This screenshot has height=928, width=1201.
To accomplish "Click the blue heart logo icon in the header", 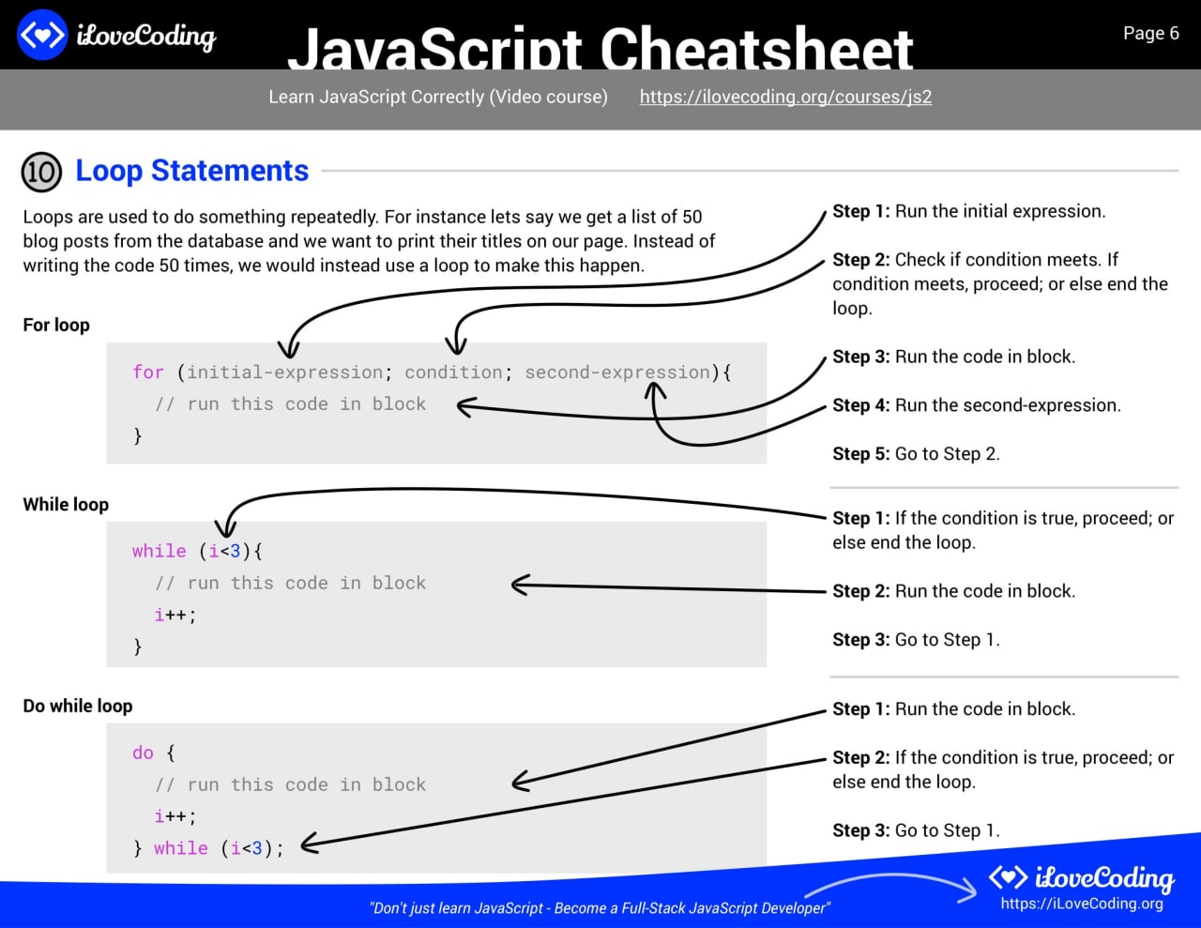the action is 42,35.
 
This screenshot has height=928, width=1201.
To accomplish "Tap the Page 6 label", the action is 1150,33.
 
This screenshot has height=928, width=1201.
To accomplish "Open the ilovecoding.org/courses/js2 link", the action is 785,97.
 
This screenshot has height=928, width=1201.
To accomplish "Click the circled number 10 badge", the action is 41,172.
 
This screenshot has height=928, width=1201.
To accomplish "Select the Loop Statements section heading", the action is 191,170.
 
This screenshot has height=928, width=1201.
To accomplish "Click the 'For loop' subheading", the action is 55,325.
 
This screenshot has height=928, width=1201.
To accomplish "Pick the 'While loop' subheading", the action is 66,504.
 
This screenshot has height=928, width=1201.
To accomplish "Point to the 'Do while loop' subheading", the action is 77,706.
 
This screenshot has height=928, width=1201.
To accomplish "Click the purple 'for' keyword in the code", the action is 148,372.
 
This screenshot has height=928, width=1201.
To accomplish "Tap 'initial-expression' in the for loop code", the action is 285,373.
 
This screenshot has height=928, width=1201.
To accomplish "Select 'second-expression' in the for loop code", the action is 617,373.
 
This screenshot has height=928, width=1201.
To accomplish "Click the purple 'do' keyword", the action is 143,753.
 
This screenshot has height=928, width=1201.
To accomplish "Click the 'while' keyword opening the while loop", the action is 160,551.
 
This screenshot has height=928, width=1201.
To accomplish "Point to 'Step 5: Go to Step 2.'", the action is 916,454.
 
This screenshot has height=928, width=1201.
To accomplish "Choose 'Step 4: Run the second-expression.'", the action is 977,405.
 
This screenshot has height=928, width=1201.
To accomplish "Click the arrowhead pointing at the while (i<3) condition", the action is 225,528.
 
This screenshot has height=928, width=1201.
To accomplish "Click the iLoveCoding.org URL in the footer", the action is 1082,904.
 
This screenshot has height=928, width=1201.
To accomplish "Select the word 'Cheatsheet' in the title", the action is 756,49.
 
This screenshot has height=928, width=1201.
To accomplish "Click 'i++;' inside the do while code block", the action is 175,816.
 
